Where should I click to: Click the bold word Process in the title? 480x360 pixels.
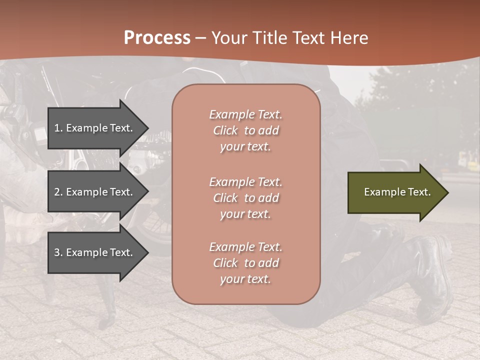tap(157, 38)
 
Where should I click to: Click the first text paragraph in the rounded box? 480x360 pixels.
tap(245, 130)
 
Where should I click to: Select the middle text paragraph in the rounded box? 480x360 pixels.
tap(245, 198)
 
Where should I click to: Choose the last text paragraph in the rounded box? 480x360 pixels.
tap(245, 263)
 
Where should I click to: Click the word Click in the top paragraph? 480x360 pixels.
tap(225, 130)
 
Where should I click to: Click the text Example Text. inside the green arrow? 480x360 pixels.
tap(397, 192)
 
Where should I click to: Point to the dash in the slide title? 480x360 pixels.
tap(201, 38)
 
